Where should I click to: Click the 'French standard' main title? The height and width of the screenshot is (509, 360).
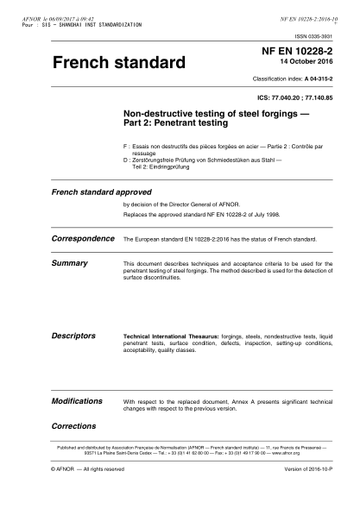pos(119,64)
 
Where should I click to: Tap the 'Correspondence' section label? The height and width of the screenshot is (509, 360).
pos(84,236)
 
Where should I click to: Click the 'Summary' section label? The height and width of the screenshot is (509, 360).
pos(70,261)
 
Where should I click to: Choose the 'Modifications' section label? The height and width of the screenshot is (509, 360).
pos(78,402)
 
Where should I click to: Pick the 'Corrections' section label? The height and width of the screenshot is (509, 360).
pos(73,426)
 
